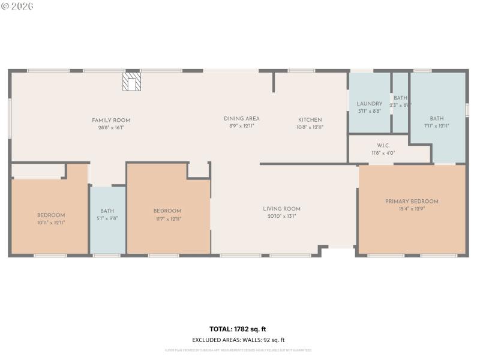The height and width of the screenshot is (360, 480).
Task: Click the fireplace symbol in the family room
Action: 131,82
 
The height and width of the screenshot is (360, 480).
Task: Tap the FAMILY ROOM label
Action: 111,120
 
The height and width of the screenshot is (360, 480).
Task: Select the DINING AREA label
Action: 242,119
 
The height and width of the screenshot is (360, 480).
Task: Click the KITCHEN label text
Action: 310,120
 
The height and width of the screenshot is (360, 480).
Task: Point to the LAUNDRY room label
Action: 370,104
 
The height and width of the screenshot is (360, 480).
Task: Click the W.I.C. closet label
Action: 384,146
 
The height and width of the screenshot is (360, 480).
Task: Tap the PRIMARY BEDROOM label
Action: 412,202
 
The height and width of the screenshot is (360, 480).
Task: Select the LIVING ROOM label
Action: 281,209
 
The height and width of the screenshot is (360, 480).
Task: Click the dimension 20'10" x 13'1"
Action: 281,216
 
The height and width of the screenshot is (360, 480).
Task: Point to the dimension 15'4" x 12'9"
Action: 412,209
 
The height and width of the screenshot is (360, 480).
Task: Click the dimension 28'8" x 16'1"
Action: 111,127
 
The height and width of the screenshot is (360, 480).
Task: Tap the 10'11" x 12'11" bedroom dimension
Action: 51,222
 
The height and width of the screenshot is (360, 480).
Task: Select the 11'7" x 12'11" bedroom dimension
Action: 167,218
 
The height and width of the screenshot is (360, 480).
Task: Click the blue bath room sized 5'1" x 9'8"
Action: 107,220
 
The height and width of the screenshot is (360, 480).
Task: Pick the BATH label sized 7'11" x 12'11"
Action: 437,119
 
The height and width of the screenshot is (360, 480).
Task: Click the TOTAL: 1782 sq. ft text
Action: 238,329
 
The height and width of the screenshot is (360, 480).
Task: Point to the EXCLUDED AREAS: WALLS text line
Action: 238,340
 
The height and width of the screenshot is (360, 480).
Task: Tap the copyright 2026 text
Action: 17,6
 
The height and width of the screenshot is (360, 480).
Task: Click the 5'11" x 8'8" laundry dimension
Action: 370,111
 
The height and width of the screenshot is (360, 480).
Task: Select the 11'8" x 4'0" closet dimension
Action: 384,153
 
